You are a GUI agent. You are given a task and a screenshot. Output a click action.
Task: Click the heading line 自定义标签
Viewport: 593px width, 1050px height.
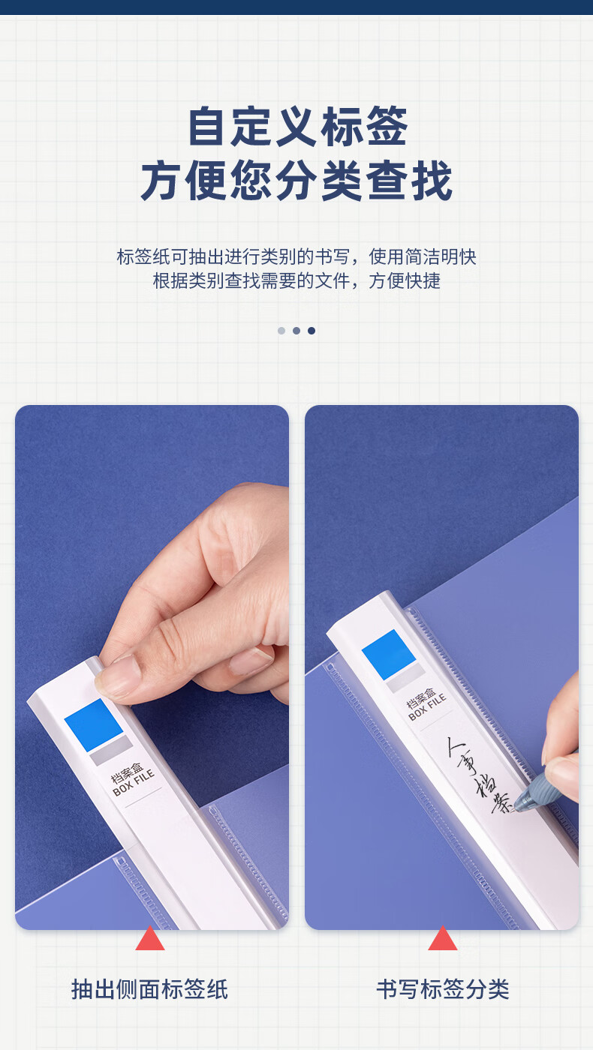[297, 127]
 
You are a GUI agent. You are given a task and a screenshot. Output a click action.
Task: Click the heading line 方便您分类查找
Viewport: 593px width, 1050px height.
[296, 181]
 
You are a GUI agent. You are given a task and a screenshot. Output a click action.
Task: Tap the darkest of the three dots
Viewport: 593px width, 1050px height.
[312, 331]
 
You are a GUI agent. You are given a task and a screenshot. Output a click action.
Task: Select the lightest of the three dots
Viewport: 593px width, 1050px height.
[281, 331]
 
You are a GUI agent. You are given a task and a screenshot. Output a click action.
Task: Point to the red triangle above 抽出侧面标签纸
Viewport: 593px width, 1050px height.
[150, 938]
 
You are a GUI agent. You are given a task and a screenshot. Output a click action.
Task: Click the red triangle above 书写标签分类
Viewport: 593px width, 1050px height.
[442, 938]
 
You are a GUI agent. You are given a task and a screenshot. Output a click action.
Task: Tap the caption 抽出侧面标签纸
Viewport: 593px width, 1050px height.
[149, 989]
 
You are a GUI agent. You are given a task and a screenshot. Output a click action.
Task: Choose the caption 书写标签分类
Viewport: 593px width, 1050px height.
[442, 989]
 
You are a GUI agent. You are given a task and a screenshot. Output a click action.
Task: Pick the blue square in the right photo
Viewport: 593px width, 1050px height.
[389, 654]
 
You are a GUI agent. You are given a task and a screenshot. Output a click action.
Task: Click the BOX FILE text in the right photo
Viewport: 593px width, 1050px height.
[427, 707]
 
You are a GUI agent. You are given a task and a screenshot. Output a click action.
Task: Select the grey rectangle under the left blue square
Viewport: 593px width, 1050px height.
[111, 750]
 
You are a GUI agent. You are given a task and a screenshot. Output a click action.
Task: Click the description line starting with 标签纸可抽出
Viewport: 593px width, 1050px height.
[296, 256]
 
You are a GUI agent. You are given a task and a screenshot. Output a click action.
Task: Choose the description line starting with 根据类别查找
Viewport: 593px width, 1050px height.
[296, 280]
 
